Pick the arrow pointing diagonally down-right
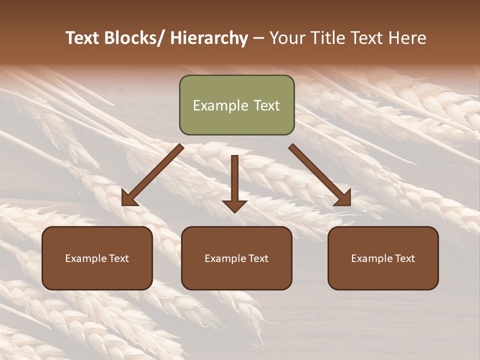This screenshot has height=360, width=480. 320,175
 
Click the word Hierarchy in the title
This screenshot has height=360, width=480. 209,38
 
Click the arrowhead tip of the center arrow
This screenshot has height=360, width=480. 234,212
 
